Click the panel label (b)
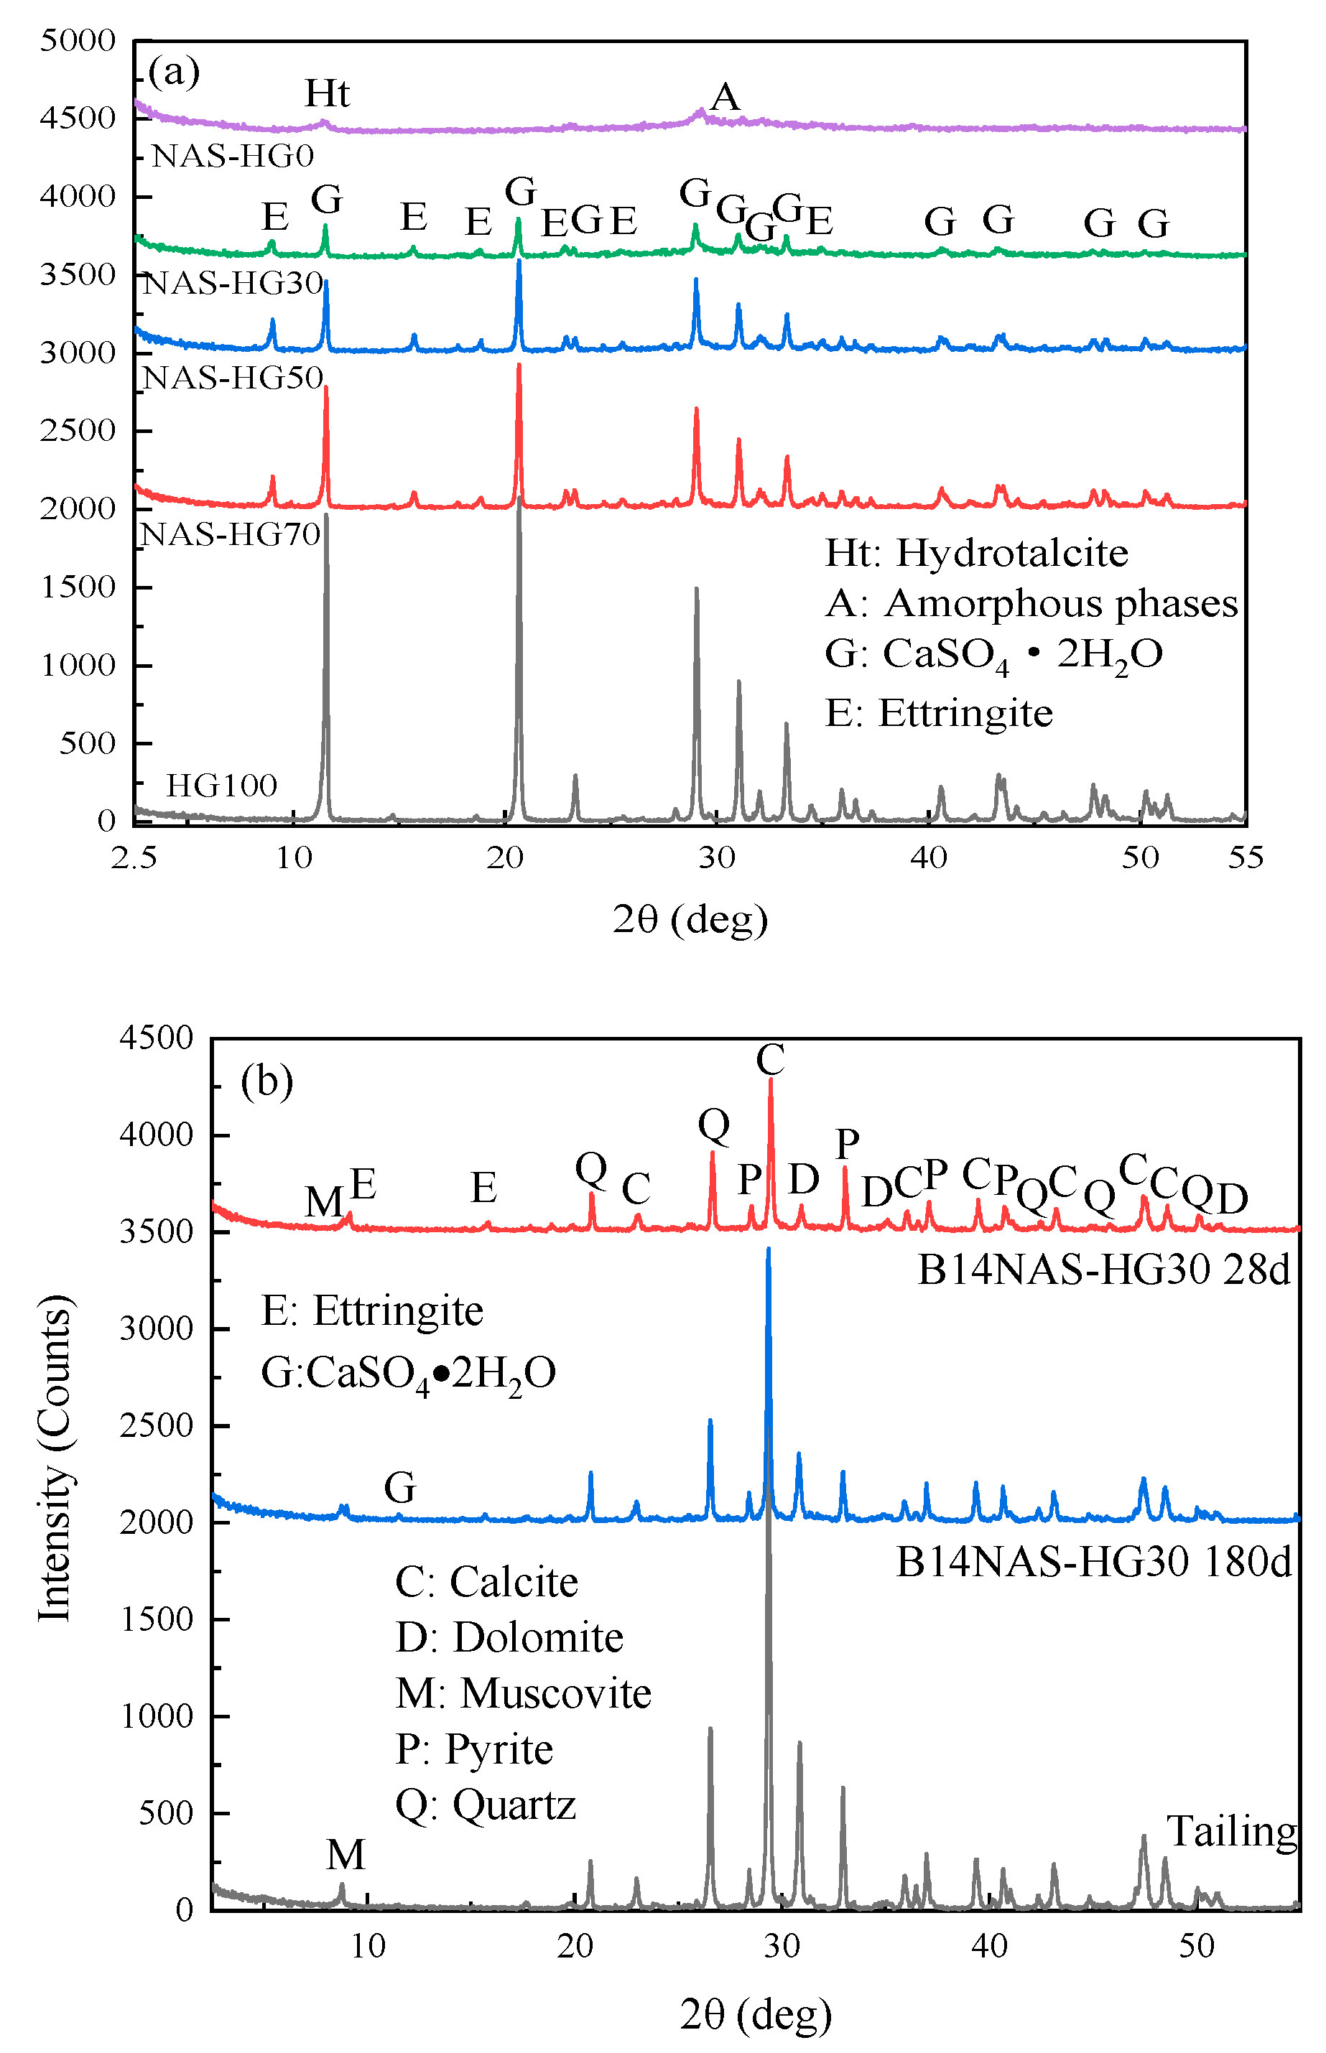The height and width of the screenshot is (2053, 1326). click(x=267, y=1081)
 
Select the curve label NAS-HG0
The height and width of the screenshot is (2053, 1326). click(x=233, y=156)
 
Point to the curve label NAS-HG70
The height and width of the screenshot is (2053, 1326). click(x=231, y=534)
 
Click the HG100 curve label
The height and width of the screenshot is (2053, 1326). click(x=221, y=785)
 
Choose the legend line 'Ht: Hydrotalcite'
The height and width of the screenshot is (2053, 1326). click(x=976, y=553)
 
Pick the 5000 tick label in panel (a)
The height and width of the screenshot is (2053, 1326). click(x=78, y=39)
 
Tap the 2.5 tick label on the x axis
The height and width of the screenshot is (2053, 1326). click(x=134, y=857)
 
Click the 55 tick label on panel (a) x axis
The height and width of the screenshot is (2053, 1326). click(x=1245, y=857)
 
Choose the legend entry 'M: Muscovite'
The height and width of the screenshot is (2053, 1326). click(x=524, y=1693)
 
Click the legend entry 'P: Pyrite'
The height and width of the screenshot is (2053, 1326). click(x=474, y=1749)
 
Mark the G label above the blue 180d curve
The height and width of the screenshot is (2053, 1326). click(x=400, y=1487)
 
